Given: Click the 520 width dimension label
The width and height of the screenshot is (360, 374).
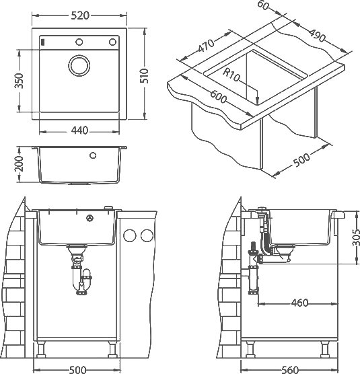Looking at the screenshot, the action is click(x=80, y=15).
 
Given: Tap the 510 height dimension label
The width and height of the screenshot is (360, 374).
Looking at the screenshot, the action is click(x=144, y=75).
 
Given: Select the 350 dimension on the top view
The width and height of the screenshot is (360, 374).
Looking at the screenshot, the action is click(x=19, y=81).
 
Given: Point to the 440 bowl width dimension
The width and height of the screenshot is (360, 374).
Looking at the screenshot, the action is click(x=79, y=130).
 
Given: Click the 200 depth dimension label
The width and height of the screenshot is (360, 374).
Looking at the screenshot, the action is click(x=19, y=164).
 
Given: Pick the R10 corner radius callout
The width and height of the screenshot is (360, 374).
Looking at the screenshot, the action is click(x=231, y=74).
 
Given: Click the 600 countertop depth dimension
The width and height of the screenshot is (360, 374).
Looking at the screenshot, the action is click(x=218, y=96).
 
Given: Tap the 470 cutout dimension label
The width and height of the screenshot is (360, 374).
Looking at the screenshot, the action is click(x=206, y=46).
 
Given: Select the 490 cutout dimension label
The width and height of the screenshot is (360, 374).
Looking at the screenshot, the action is click(x=318, y=35).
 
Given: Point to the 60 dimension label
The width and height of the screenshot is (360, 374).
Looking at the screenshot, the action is click(x=263, y=5).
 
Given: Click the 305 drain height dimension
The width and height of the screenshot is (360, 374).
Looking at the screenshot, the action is click(x=355, y=237).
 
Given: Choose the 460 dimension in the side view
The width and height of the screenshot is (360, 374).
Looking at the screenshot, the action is click(x=299, y=303).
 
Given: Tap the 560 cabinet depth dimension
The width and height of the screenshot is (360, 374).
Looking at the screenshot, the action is click(x=290, y=370).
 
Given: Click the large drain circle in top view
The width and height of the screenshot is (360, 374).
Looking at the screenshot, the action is click(x=79, y=66).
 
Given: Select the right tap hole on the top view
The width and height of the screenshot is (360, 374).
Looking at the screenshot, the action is click(x=112, y=42).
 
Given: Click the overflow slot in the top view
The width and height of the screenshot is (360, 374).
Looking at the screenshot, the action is click(x=42, y=42).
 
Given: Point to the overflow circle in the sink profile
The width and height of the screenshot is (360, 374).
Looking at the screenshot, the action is click(x=93, y=155).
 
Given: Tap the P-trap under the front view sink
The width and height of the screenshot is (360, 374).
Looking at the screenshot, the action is click(x=81, y=274).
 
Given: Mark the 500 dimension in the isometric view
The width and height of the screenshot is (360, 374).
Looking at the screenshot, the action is click(x=301, y=160).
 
